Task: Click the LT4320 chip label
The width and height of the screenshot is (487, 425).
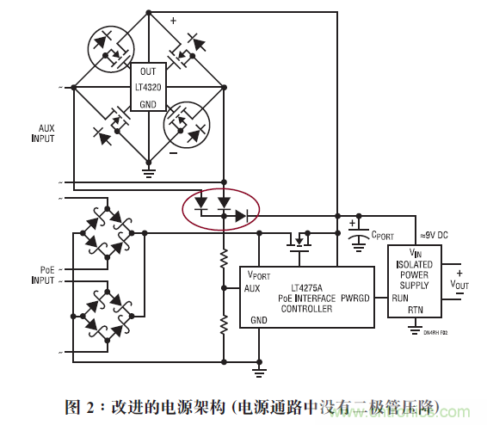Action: pos(148,87)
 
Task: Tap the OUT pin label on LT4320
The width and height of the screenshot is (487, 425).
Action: pos(148,71)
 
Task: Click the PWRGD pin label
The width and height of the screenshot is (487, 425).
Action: pos(357,299)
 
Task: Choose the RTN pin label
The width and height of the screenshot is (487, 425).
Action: pos(415,310)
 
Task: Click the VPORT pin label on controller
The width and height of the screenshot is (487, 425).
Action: pos(259,274)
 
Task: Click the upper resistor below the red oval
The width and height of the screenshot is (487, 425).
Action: pos(224,257)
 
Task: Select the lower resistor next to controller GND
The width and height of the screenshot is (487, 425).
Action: pos(224,323)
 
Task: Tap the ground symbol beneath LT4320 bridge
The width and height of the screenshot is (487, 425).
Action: pos(148,171)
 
